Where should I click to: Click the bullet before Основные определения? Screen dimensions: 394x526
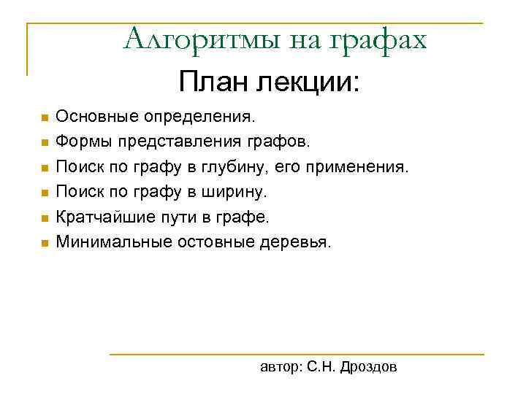pos(44,117)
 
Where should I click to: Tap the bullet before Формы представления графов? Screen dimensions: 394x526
pos(44,142)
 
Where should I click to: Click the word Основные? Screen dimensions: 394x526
pos(96,117)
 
